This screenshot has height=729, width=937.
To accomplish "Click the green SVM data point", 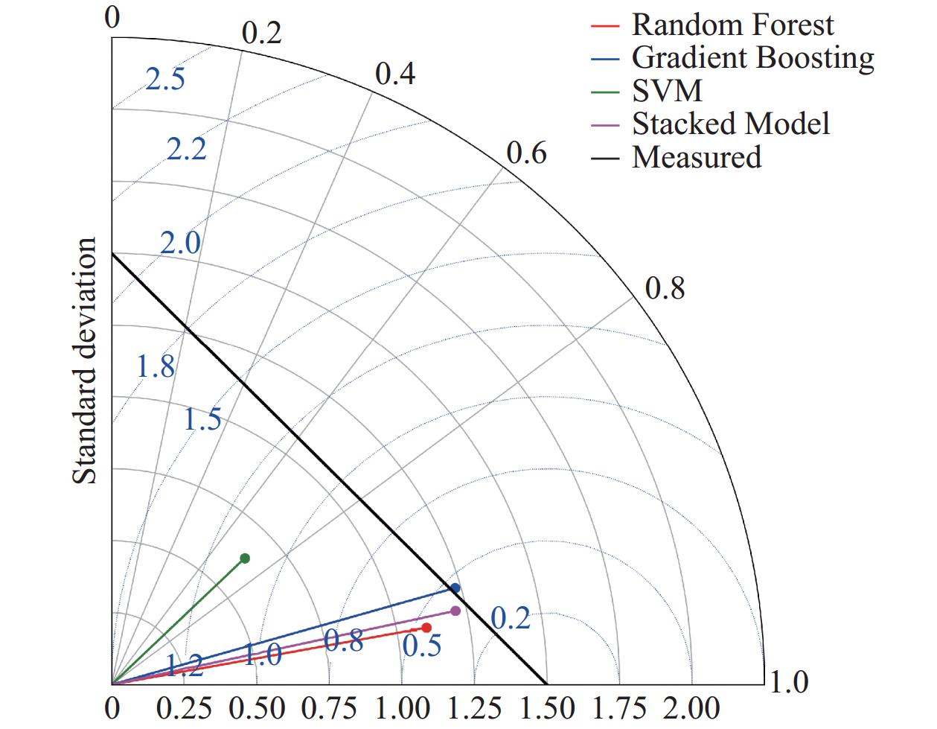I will point(245,558).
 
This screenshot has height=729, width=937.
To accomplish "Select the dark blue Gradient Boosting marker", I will point(455,588).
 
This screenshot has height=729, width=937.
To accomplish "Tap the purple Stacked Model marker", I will point(455,611).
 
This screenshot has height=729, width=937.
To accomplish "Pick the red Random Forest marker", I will point(426,628).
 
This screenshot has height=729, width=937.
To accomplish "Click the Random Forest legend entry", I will point(732,25).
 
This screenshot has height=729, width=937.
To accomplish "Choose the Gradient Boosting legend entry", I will point(752,57).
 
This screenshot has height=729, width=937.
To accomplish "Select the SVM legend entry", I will point(667,90).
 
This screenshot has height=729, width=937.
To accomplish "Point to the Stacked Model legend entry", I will point(731,124).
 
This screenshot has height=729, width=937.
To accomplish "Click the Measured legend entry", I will point(697,157).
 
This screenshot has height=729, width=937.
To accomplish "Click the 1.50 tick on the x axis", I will point(547,707).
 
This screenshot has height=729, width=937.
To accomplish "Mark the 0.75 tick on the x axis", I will point(329,707).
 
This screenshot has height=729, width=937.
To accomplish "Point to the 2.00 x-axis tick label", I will point(691,707).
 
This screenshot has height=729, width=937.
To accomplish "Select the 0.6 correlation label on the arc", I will point(526,153).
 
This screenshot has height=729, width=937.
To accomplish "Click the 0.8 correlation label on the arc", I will point(665,288).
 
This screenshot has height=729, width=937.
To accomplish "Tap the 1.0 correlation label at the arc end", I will point(787,682).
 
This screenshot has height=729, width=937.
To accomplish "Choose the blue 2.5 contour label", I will point(165,80).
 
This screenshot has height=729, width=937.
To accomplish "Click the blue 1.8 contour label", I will point(156,366).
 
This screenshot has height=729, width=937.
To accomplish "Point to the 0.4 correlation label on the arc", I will point(395,74).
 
